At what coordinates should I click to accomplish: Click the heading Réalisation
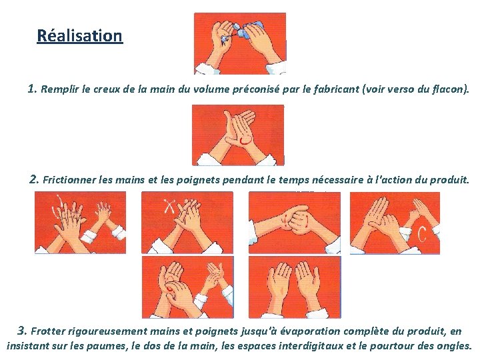pyautogui.click(x=79, y=35)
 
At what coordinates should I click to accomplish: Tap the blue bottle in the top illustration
pyautogui.click(x=251, y=29)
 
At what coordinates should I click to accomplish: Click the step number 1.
pyautogui.click(x=32, y=89)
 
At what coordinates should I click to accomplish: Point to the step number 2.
pyautogui.click(x=34, y=179)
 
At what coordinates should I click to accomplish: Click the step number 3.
pyautogui.click(x=22, y=331)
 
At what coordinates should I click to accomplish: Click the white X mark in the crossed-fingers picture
pyautogui.click(x=169, y=206)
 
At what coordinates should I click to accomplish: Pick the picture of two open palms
pyautogui.click(x=295, y=287)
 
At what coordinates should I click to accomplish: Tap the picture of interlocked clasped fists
pyautogui.click(x=295, y=223)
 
